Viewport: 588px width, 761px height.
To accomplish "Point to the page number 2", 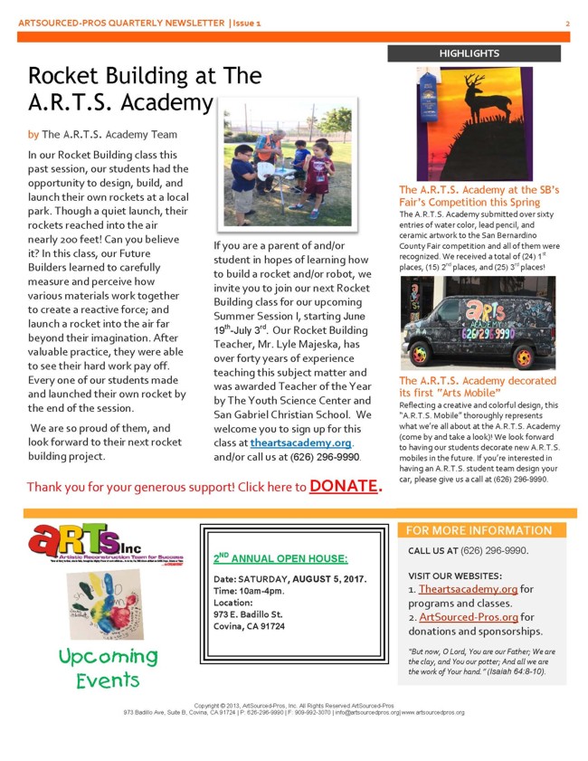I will pyautogui.click(x=567, y=22).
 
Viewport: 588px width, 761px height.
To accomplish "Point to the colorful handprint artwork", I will pyautogui.click(x=111, y=609).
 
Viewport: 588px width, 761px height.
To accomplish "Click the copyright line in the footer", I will pyautogui.click(x=293, y=704).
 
